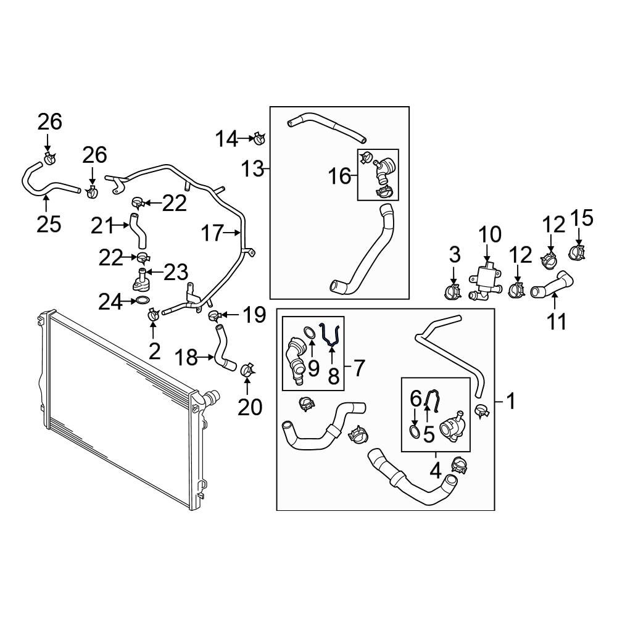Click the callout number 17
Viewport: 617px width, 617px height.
(212, 233)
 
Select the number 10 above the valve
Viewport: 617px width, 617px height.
(490, 234)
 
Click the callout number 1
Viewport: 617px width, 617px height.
(511, 402)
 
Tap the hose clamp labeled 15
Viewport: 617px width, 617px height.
(578, 252)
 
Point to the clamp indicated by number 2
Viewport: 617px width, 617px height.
(152, 315)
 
